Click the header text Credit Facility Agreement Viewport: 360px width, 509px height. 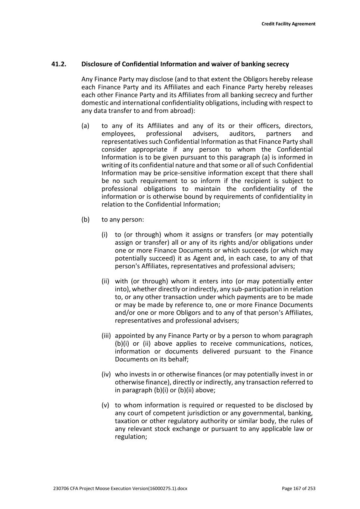[288, 24]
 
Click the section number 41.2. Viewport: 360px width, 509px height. [59, 64]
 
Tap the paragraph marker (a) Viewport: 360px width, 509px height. [85, 126]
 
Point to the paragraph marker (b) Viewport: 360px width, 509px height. [85, 220]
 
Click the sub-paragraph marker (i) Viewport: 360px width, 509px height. [104, 235]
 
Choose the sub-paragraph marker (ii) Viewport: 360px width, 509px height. [105, 282]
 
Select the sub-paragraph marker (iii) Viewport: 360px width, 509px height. [106, 336]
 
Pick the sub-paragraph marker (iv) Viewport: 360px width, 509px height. [106, 374]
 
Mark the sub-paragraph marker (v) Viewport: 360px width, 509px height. [105, 405]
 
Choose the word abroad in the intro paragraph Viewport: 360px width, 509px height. [182, 111]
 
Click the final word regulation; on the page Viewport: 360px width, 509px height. [131, 437]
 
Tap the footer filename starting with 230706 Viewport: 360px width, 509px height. [120, 488]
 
